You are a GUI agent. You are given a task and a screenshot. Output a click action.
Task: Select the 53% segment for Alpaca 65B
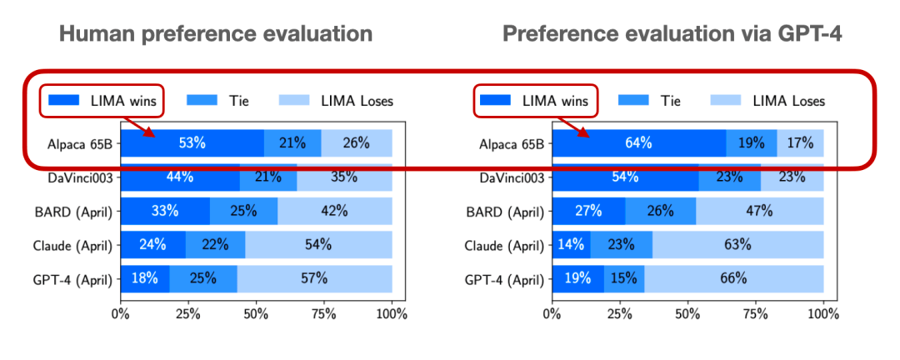192,142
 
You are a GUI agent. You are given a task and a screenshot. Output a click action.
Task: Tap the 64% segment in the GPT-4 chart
638,142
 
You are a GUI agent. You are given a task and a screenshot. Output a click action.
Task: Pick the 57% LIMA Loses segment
315,279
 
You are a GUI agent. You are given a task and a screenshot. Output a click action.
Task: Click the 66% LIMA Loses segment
734,279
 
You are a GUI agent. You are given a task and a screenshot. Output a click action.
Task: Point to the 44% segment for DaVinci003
180,177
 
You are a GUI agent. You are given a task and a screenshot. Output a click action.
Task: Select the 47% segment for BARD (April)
760,211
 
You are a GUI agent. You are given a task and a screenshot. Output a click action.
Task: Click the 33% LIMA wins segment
165,211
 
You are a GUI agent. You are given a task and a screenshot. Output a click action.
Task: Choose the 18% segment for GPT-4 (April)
145,279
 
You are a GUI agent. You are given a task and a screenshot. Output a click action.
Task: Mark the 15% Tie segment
624,279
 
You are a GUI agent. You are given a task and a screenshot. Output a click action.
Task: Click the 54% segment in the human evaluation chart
318,245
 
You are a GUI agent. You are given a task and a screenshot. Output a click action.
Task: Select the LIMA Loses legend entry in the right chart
767,101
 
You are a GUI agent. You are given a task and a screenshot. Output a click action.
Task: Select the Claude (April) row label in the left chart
73,245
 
